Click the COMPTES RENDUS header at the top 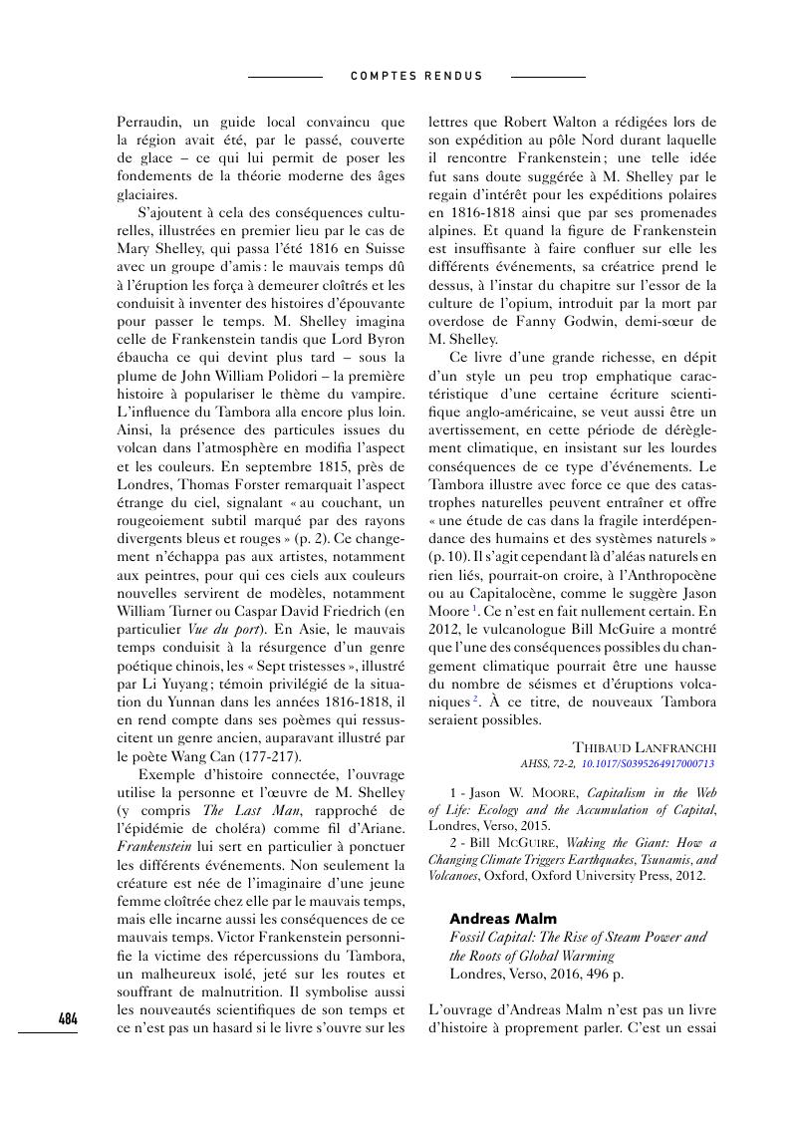click(x=416, y=76)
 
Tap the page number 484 click(x=68, y=1018)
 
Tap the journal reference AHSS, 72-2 click(x=548, y=764)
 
